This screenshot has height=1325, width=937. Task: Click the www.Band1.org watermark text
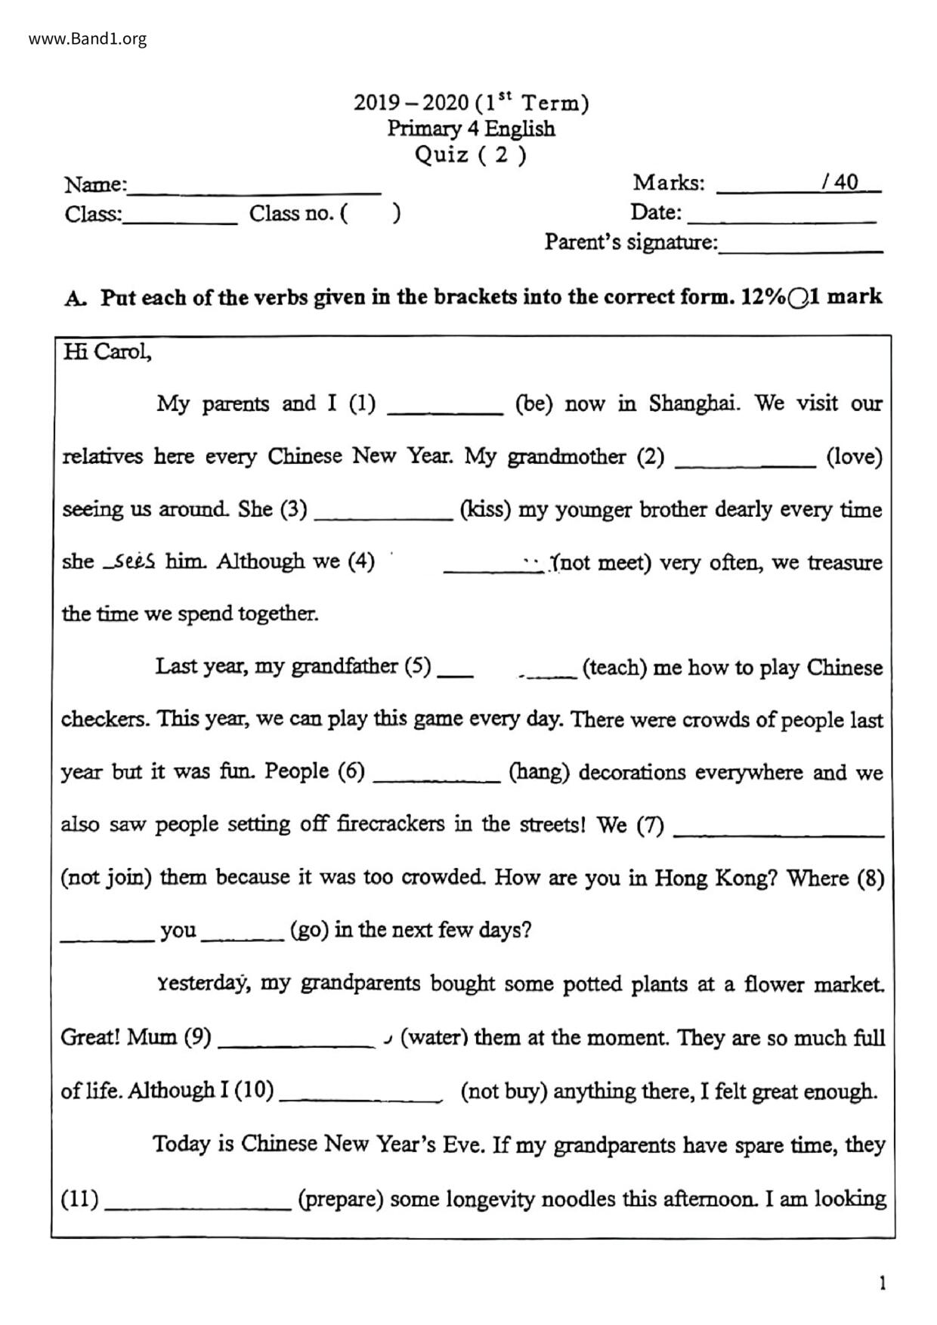[88, 39]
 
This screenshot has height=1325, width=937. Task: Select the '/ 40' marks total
[840, 182]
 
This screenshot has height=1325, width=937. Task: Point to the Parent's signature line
[800, 246]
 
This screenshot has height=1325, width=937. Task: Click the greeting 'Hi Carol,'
[107, 352]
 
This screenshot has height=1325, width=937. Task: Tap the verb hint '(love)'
[854, 456]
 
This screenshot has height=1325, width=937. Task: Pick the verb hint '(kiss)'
[485, 509]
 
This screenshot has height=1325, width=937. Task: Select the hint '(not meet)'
[602, 562]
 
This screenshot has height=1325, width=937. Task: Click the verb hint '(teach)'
[614, 668]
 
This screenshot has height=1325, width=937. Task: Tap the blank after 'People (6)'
[437, 777]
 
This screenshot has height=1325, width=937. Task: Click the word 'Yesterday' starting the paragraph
[201, 984]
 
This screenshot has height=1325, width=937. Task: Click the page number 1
[882, 1283]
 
